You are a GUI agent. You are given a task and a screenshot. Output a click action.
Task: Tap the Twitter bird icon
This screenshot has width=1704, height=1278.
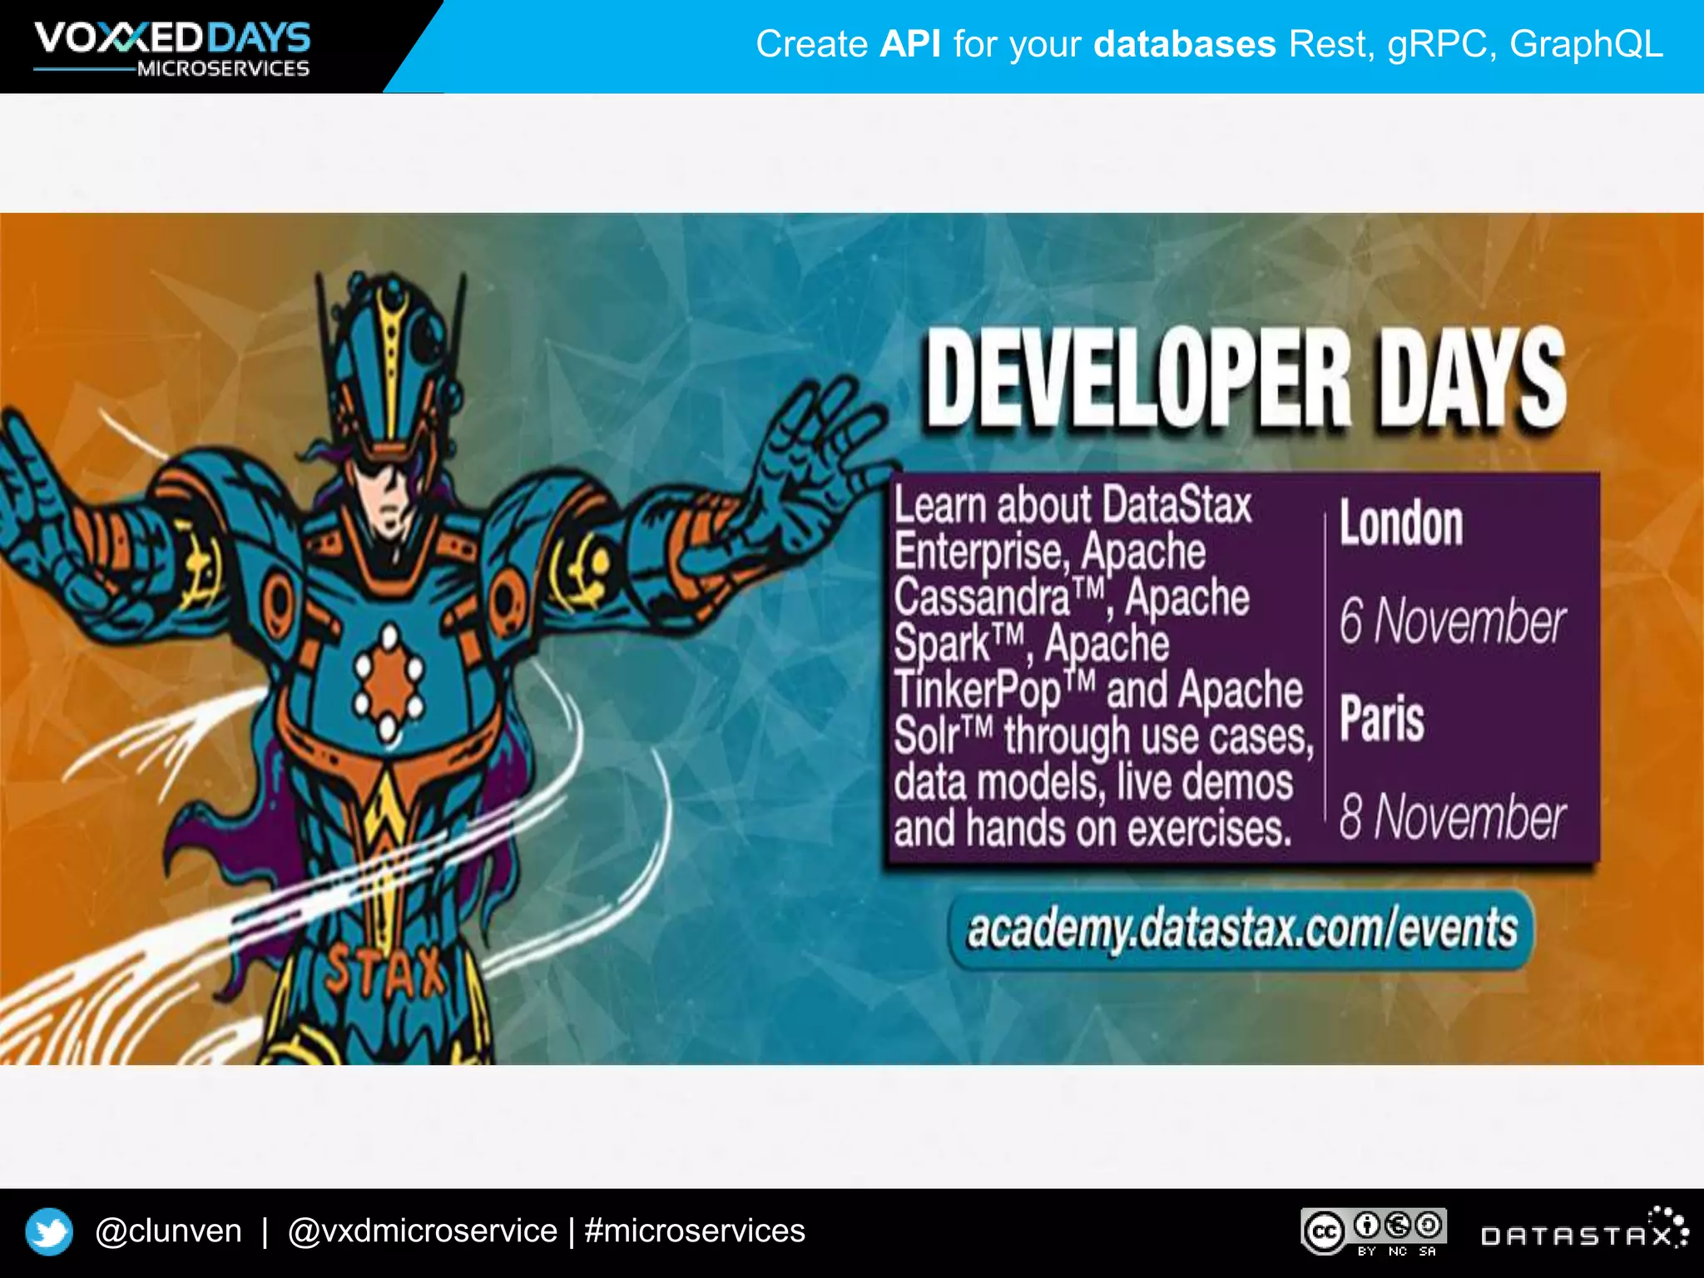[x=49, y=1231]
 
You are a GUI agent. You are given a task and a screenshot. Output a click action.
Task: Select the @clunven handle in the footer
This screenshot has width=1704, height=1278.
[x=168, y=1231]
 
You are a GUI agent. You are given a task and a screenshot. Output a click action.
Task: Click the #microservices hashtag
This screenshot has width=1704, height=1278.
[x=695, y=1231]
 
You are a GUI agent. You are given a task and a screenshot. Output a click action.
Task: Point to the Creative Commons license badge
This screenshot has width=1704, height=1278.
[x=1374, y=1231]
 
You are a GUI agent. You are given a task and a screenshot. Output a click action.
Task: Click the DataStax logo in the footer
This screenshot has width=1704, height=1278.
[x=1584, y=1233]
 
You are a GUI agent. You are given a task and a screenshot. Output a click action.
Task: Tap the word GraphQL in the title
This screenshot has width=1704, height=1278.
[x=1586, y=44]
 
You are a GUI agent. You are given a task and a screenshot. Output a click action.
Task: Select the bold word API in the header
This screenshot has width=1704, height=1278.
[x=910, y=44]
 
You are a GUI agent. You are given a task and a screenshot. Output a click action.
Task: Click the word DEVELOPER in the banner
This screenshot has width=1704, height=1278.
[x=1139, y=379]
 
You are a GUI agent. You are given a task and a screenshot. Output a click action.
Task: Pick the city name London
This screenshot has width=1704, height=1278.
[x=1401, y=524]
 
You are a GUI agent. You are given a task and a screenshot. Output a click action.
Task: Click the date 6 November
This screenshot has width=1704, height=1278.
[x=1452, y=622]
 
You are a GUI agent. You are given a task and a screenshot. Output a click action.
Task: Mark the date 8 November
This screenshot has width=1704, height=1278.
[x=1452, y=817]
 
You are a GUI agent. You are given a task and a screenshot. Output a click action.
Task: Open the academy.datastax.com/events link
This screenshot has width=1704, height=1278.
[x=1241, y=929]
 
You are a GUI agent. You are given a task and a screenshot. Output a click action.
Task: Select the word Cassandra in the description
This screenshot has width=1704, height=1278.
[x=982, y=597]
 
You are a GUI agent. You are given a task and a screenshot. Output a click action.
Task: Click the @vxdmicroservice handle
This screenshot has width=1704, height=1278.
[x=422, y=1231]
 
